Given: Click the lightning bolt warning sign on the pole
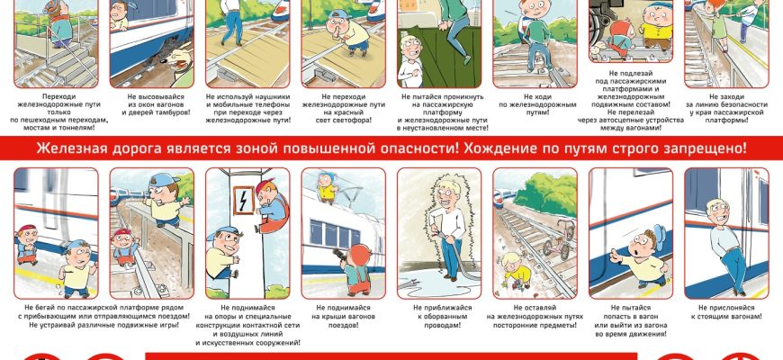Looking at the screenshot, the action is [244, 200].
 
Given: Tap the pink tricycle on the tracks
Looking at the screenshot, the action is [557, 241].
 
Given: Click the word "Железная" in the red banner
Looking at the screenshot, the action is [65, 148].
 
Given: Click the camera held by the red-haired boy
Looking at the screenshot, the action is [338, 254].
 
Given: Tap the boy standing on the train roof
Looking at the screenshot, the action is [327, 187].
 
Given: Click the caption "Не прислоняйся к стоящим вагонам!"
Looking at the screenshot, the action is [726, 311].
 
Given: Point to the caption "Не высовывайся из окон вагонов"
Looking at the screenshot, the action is [156, 101].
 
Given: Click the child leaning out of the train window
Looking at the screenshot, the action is [120, 15].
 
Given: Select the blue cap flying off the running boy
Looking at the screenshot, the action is [658, 238].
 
